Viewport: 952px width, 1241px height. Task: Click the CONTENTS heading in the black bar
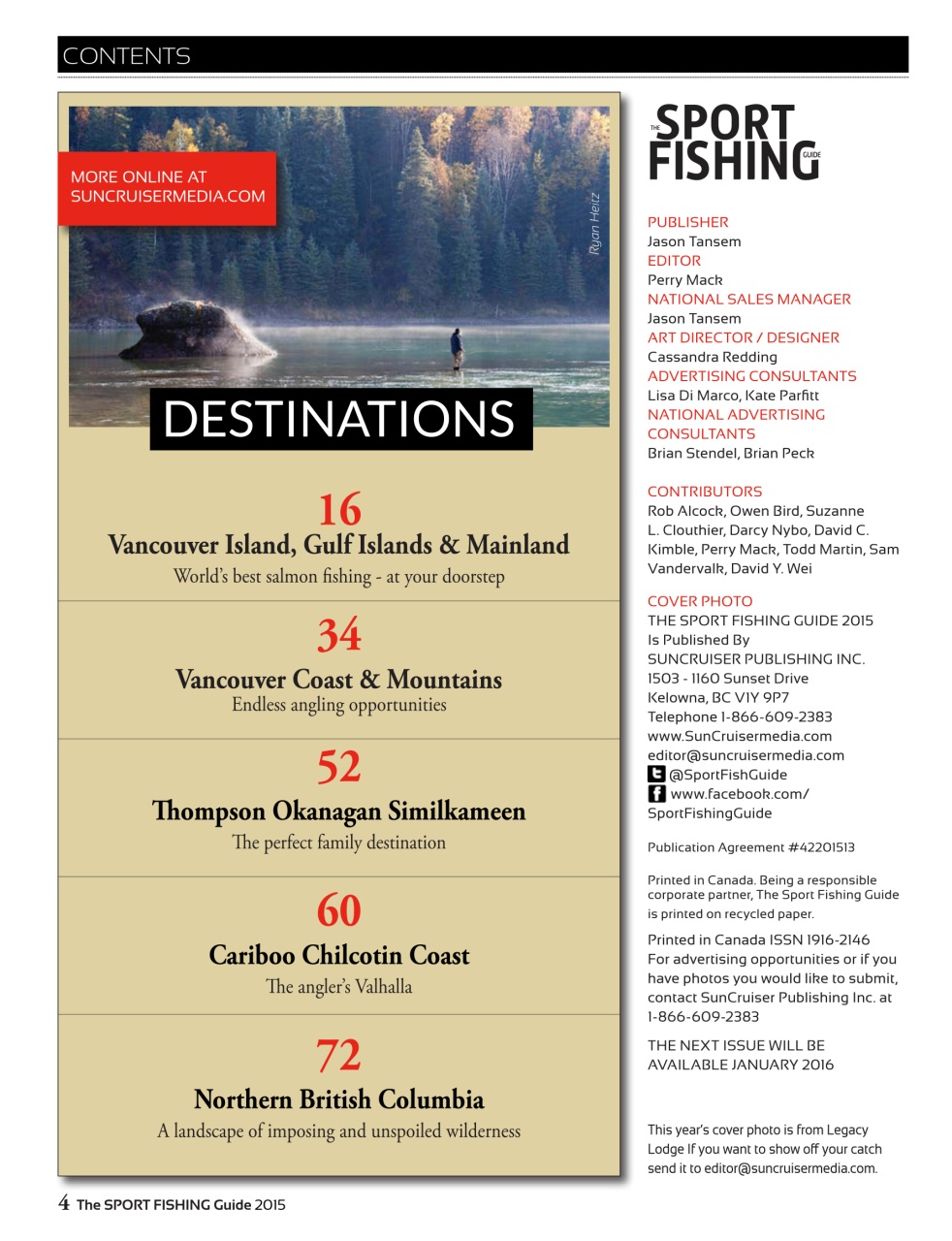126,56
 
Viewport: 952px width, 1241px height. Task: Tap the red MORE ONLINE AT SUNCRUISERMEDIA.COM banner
167,187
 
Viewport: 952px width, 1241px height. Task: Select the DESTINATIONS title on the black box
339,419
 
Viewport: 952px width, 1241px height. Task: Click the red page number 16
339,510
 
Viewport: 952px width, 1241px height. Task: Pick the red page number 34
339,636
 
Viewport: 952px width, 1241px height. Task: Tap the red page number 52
339,767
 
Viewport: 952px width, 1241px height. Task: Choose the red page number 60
339,910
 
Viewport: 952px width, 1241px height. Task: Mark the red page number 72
339,1055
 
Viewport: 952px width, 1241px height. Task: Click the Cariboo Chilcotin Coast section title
339,956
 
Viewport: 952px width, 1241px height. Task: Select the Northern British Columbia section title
339,1099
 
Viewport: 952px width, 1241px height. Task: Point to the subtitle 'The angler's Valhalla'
339,987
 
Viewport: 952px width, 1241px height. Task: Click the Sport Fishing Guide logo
734,143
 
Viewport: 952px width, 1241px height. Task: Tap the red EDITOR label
674,261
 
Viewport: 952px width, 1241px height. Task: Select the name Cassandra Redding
712,357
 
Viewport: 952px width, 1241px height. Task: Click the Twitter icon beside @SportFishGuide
656,774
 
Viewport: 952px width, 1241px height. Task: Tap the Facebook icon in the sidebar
656,793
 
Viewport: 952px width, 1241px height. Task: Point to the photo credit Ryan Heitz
594,225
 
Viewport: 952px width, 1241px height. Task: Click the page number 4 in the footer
64,1203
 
